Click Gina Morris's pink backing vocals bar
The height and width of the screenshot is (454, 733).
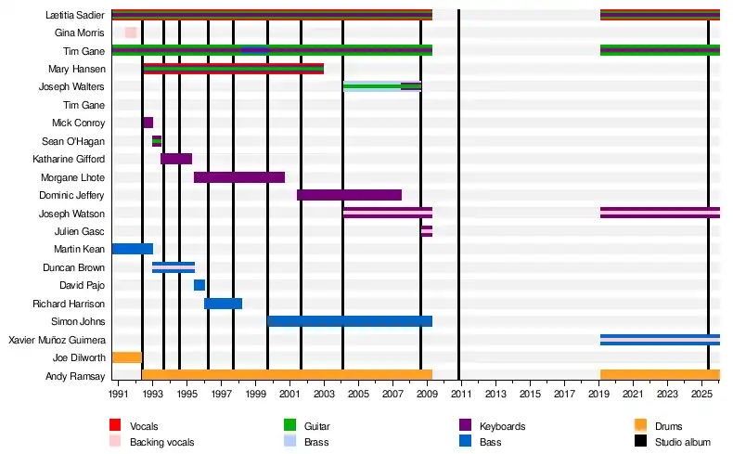131,32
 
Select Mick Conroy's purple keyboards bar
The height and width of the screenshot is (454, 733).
148,123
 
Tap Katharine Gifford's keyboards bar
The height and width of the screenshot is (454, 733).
176,159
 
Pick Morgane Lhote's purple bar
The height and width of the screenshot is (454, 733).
239,177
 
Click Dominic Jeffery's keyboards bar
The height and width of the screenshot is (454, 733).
349,195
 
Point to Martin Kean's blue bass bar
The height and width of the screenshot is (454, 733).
132,249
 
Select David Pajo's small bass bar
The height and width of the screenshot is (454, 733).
199,285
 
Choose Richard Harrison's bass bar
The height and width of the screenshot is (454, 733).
223,304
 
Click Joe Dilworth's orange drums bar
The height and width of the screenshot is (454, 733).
126,357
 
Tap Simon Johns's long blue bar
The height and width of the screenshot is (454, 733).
350,321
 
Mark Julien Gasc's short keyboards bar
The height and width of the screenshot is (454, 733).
427,231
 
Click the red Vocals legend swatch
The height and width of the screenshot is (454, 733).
115,425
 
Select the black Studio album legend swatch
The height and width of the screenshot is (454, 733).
640,442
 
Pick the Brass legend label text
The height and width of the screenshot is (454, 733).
316,442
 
